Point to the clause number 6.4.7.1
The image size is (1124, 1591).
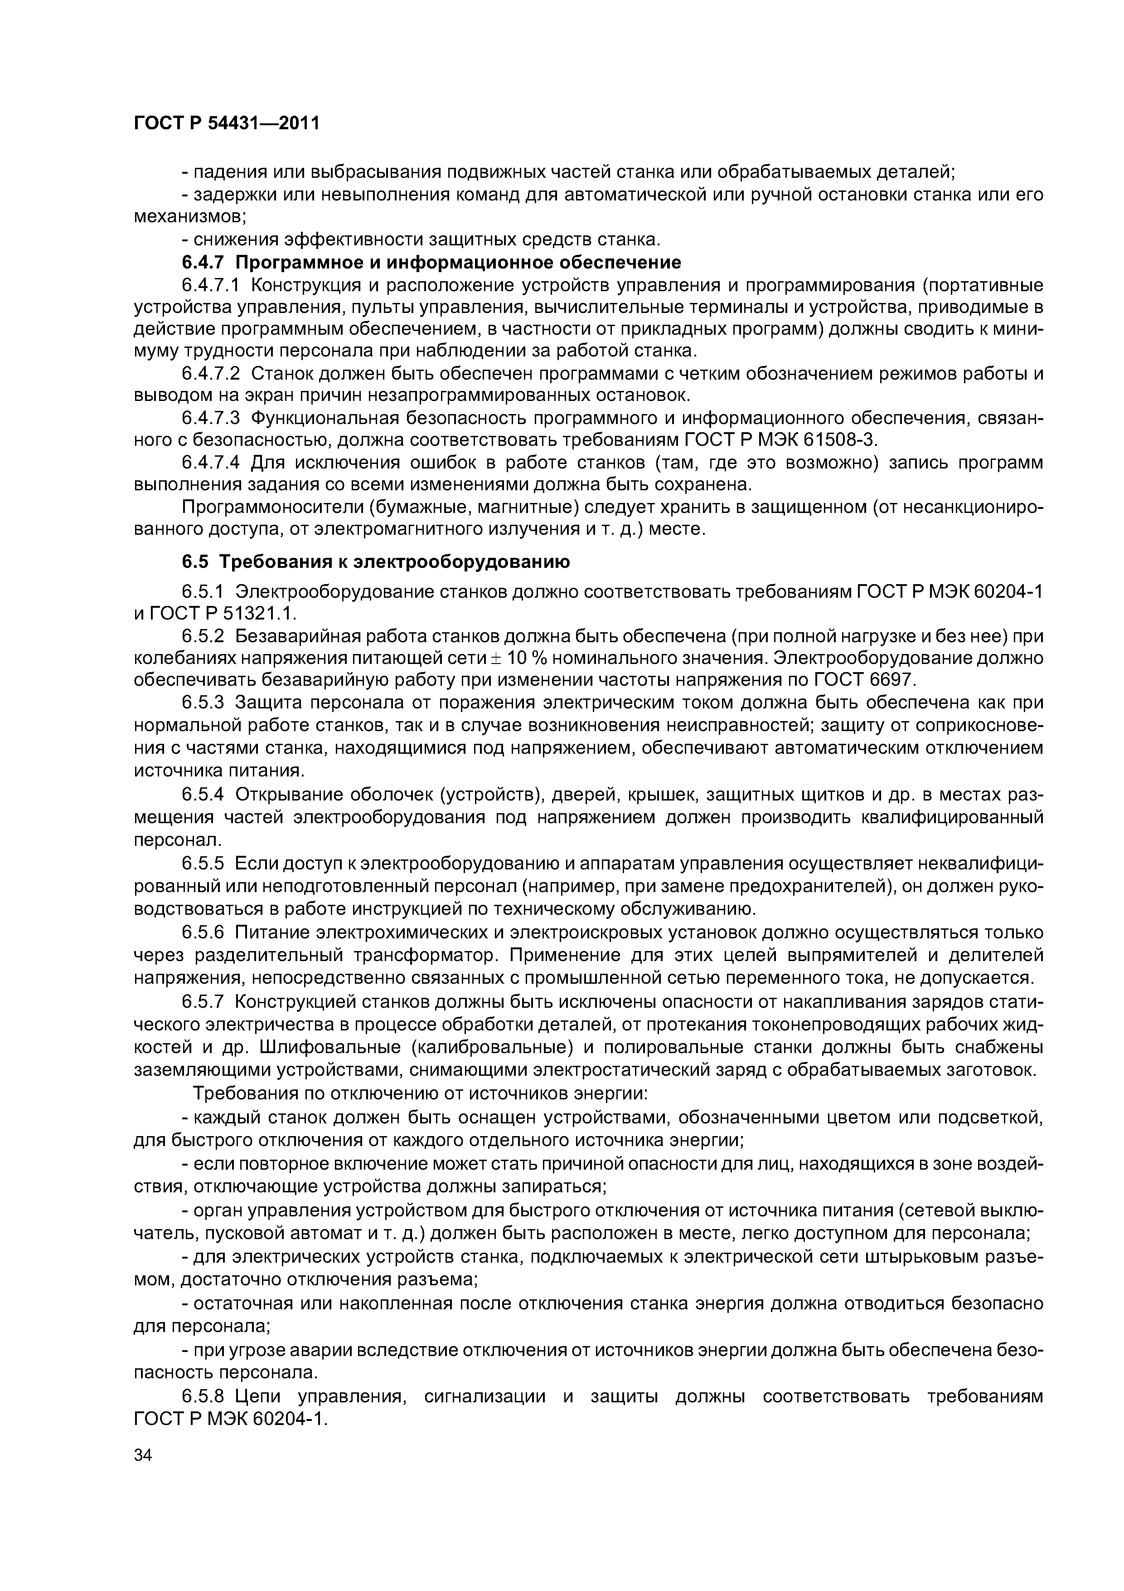pyautogui.click(x=211, y=285)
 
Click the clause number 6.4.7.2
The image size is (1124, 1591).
pyautogui.click(x=211, y=374)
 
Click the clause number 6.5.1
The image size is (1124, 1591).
pyautogui.click(x=203, y=592)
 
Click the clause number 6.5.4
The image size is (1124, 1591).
pyautogui.click(x=203, y=794)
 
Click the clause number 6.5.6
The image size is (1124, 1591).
pyautogui.click(x=203, y=933)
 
